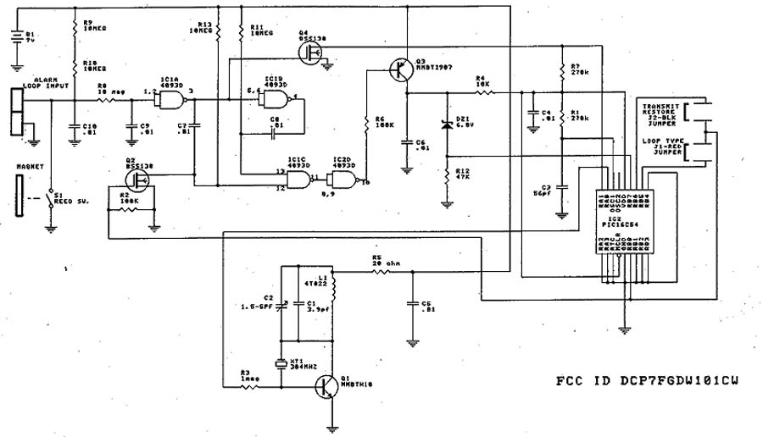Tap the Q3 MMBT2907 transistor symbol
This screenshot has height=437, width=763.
click(x=398, y=70)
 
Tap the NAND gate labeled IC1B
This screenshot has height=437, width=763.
click(x=273, y=101)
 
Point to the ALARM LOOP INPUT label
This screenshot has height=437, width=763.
click(x=50, y=82)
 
